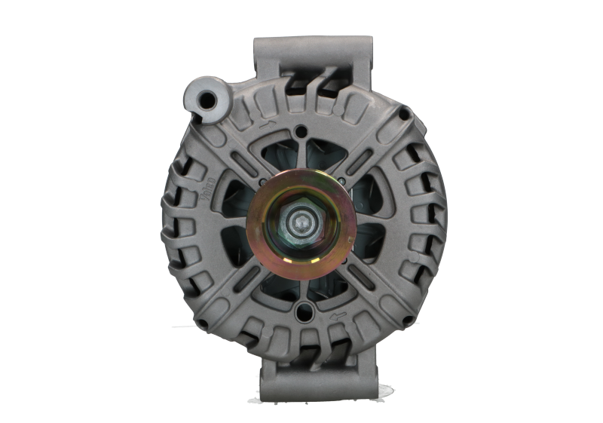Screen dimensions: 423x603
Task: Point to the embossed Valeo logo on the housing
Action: (210, 188)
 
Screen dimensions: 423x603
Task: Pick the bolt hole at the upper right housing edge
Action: (405, 115)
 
